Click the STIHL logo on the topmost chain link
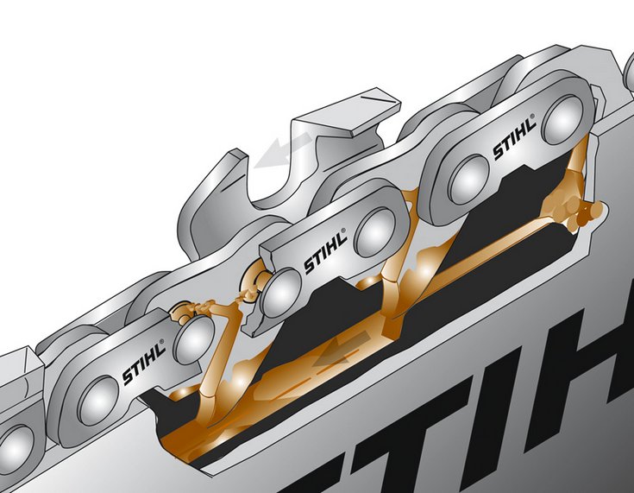514,136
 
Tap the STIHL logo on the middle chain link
325,251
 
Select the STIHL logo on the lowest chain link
143,362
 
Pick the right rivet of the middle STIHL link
374,232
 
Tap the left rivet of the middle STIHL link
280,292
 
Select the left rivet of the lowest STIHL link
98,401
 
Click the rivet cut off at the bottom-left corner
16,447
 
